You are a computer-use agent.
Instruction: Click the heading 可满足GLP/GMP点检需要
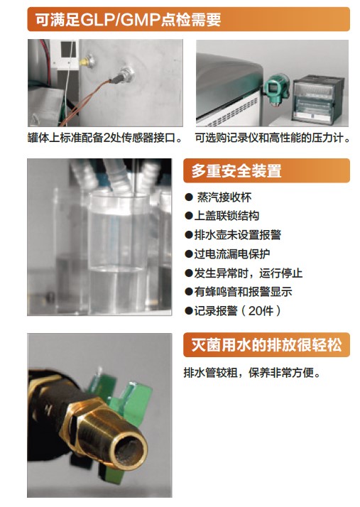click(128, 20)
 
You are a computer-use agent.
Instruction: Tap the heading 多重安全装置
click(236, 170)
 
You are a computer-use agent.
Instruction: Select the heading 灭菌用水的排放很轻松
click(266, 344)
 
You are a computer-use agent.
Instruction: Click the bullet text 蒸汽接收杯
click(224, 197)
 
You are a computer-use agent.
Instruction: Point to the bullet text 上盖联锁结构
click(227, 216)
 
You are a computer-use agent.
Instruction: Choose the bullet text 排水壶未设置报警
click(238, 235)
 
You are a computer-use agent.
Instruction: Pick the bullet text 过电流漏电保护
click(232, 253)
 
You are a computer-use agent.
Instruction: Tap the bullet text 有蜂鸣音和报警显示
click(244, 292)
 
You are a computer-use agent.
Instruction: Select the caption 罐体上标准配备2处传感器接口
click(104, 138)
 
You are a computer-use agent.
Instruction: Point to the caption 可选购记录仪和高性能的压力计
click(273, 138)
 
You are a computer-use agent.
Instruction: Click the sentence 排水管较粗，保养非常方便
click(252, 373)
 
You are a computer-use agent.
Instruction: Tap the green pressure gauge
click(276, 89)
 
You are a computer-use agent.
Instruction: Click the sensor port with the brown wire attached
click(126, 74)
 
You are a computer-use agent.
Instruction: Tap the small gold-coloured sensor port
click(87, 60)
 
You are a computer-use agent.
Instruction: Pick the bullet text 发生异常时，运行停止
click(249, 273)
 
